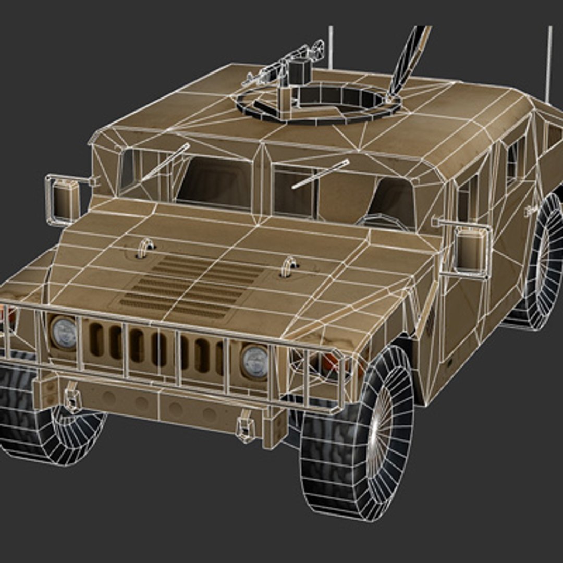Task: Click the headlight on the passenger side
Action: click(64, 333)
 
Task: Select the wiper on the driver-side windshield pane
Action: click(320, 174)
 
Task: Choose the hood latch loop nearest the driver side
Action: click(288, 266)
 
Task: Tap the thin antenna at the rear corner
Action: click(549, 63)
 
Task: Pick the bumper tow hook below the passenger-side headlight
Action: click(72, 399)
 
